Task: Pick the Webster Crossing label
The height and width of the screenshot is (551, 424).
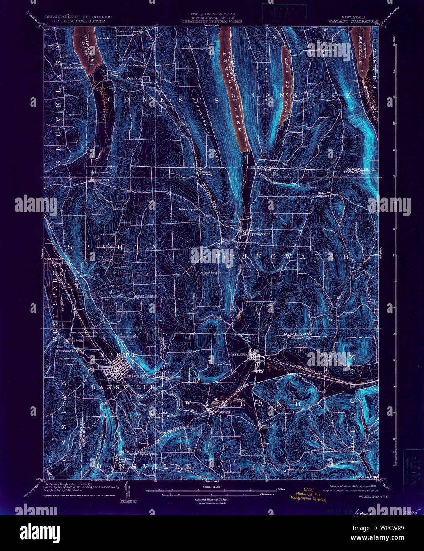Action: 205,173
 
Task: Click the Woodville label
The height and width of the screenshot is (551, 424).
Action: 76,341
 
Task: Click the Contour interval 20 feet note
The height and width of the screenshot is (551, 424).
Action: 212,500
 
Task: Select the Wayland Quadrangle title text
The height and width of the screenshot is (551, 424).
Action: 352,21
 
